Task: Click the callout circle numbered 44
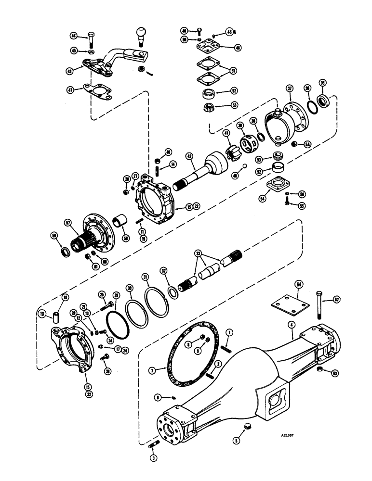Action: tap(73, 36)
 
